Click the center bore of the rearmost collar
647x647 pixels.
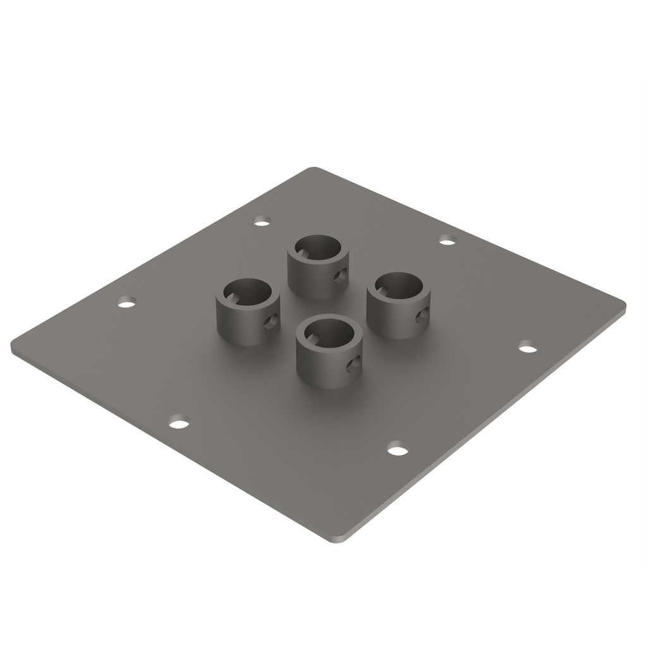tap(318, 248)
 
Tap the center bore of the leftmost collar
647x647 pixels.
tap(248, 291)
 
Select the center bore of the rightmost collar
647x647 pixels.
tap(399, 285)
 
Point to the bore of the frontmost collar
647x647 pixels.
tap(329, 332)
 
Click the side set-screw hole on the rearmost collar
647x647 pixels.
tap(340, 275)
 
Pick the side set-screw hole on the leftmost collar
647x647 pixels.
tap(270, 321)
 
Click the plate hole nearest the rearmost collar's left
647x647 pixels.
tap(262, 221)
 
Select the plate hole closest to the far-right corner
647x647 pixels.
tap(527, 347)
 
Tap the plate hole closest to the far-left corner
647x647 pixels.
tap(127, 302)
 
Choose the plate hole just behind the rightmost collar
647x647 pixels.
tap(447, 239)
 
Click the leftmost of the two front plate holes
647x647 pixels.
tap(179, 422)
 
